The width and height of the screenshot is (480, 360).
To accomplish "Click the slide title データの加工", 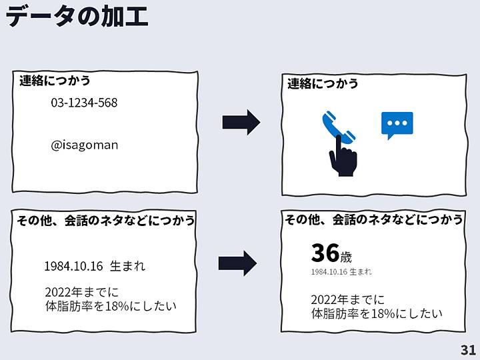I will point(77,16).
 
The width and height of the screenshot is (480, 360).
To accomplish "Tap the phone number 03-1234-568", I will point(84,103).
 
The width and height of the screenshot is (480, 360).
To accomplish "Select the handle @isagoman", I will point(84,145).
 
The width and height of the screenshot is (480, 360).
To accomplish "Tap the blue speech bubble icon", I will point(397,125).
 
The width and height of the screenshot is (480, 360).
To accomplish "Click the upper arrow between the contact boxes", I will point(241,121).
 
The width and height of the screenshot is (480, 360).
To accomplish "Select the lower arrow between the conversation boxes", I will point(237,263).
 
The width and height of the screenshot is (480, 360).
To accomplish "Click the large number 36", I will point(325,253).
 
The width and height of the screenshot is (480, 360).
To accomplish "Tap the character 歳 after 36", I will point(346,257).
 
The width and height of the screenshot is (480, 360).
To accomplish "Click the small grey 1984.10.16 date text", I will point(329,272).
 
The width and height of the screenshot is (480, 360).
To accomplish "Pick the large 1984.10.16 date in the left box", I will point(73,266).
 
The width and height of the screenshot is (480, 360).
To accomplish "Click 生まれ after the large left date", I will point(127,266).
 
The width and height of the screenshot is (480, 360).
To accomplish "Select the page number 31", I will point(468,350).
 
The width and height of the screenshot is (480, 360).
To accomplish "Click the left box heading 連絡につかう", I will point(55,81).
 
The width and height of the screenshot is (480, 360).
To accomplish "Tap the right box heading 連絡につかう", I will point(323,83).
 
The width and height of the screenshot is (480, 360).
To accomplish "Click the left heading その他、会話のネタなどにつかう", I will point(106,221).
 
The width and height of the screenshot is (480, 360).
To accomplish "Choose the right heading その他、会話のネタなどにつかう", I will point(374,219).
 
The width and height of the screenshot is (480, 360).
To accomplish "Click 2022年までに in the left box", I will point(81,292).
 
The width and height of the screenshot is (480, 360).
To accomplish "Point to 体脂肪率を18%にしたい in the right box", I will point(377,313).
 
